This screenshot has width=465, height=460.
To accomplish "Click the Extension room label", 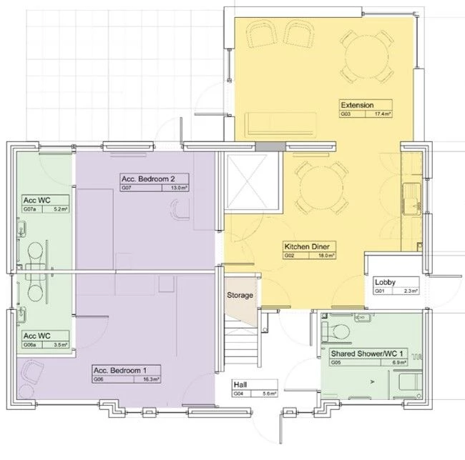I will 356,106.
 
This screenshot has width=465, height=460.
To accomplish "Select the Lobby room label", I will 385,282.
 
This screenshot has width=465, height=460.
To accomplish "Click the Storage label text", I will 240,295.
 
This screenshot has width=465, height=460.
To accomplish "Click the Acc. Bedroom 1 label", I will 119,370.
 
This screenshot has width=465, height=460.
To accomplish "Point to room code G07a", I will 30,210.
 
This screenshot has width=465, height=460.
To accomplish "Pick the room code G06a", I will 30,344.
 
